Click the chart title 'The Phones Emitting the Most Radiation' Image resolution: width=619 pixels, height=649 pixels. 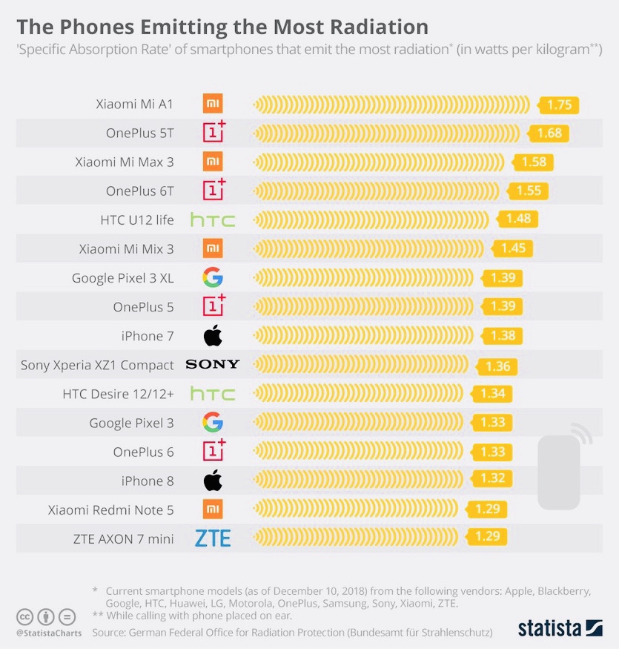(x=222, y=27)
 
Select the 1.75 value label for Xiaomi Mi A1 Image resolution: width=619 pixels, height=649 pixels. (x=559, y=105)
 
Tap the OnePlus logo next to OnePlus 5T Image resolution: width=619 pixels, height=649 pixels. (x=213, y=133)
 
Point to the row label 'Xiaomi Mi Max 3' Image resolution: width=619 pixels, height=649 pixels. (x=124, y=162)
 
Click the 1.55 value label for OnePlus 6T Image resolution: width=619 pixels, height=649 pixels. (x=529, y=191)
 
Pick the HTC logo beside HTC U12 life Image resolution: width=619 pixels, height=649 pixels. (x=213, y=220)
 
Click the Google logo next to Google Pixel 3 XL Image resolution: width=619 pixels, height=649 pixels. (x=213, y=278)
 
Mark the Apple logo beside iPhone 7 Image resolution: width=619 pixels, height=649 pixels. (x=213, y=335)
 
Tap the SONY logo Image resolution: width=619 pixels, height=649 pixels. (x=213, y=364)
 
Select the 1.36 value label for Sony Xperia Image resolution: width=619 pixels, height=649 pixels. (x=497, y=366)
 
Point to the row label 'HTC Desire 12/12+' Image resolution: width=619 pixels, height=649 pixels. (x=118, y=394)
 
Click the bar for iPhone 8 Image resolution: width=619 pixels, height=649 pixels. (x=363, y=480)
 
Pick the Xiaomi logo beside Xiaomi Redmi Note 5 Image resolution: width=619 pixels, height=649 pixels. (x=213, y=509)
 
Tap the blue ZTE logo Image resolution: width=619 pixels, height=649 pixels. (x=213, y=538)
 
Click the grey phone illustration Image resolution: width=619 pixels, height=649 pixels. (x=559, y=471)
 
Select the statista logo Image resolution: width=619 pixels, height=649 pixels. (x=560, y=628)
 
